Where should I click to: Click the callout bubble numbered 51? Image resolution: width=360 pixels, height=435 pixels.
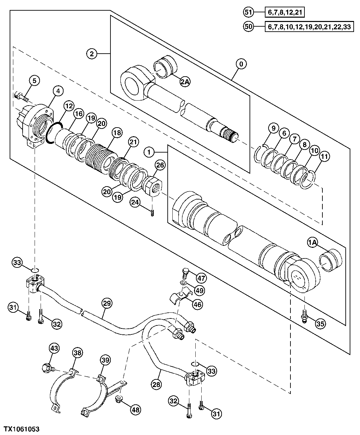coord(248,13)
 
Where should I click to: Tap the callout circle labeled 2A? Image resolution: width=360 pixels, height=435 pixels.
coord(185,82)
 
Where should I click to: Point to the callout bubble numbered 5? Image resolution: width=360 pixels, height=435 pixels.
coord(34,81)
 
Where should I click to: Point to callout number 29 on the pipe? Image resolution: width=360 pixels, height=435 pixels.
coord(107,303)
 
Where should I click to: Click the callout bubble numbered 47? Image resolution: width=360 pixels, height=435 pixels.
coord(201,278)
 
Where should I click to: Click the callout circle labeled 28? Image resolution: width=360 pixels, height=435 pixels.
coord(157,384)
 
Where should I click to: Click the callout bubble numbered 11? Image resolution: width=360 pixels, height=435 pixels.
coord(325,157)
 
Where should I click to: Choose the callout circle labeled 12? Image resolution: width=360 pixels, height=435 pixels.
coord(69,107)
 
